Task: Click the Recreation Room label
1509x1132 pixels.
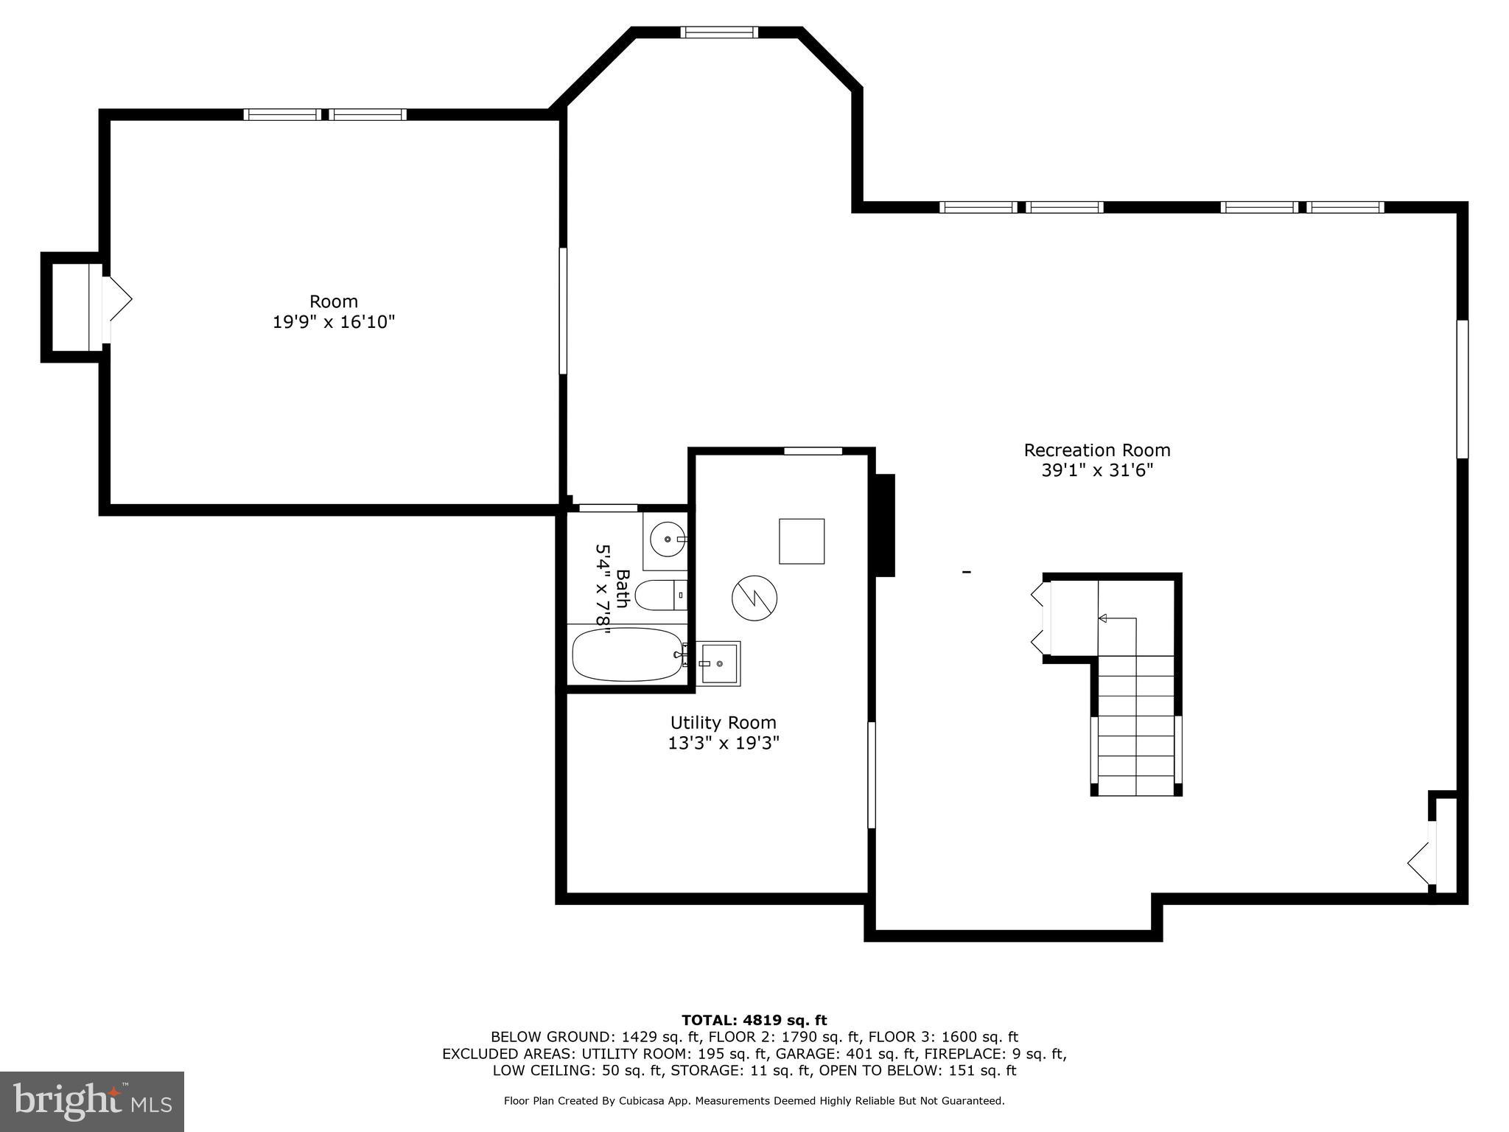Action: coord(1096,450)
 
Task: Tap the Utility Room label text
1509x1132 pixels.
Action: coord(723,723)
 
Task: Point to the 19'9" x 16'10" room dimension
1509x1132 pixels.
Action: coord(334,322)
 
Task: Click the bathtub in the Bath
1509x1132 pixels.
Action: coord(628,654)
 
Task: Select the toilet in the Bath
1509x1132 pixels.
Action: coord(660,595)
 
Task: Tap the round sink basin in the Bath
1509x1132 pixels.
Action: coord(668,539)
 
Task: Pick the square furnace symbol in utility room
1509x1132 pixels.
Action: coord(802,542)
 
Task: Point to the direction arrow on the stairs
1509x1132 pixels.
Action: coord(1103,618)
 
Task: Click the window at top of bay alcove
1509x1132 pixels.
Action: coord(718,32)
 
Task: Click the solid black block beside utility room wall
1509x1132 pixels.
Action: coord(884,525)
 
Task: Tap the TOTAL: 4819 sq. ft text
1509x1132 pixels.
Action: coord(754,1020)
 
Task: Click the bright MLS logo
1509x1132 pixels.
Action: coord(92,1101)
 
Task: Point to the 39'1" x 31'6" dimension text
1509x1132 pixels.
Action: coord(1096,471)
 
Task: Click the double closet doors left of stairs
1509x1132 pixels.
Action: coord(1040,618)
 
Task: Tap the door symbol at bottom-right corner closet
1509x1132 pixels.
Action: coord(1420,861)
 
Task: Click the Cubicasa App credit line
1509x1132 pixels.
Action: coord(754,1101)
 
